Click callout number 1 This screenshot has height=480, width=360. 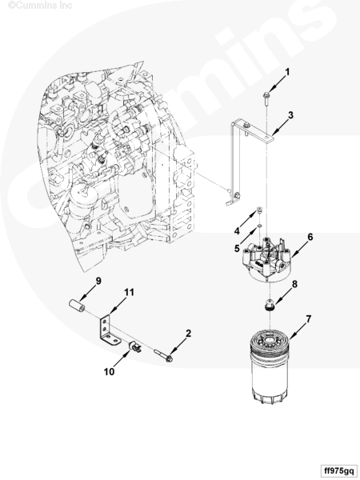pos(287,72)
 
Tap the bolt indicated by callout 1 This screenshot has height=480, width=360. pos(266,98)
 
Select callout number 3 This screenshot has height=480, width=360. pos(290,115)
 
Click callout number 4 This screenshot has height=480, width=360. pos(237,231)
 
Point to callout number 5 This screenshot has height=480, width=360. pos(237,249)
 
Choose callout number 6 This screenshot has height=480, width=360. pos(310,237)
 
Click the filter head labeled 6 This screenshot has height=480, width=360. pos(266,259)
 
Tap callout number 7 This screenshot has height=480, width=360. pos(308,319)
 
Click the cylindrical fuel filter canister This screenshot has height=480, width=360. pos(270,366)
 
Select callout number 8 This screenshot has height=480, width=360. pos(294,284)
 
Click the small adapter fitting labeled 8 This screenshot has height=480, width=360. pos(269,306)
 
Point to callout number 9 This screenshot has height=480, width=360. pos(98,281)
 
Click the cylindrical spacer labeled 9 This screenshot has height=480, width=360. pos(77,306)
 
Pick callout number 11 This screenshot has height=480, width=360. pos(129,292)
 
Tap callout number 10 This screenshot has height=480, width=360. pos(109,372)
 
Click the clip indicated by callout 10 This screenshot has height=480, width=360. pos(134,347)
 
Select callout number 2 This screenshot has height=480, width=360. pos(188,333)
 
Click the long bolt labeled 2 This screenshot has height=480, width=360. pos(163,356)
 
